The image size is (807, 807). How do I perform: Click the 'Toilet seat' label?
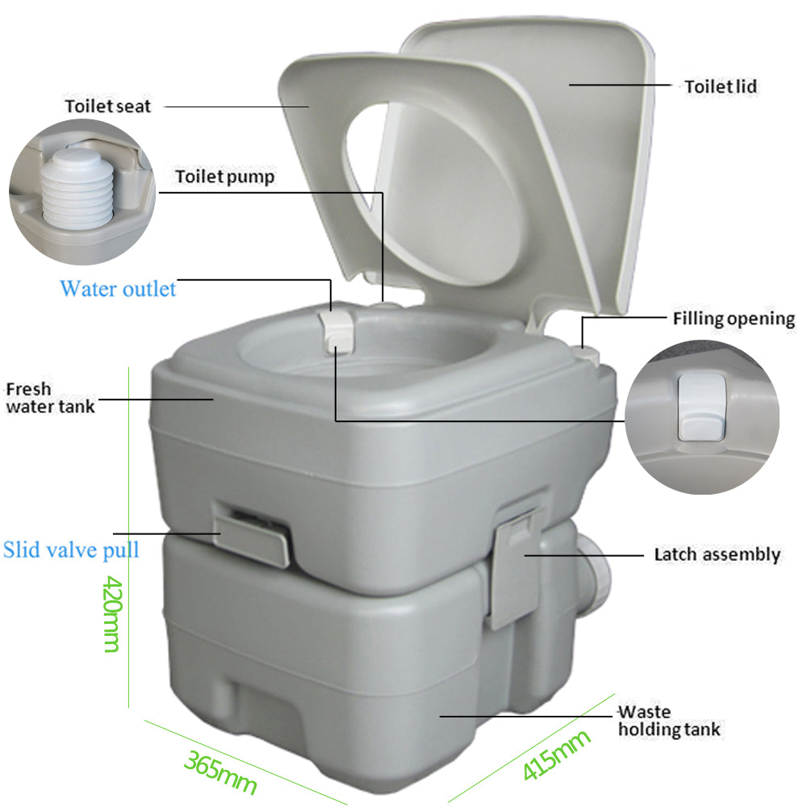(x=108, y=106)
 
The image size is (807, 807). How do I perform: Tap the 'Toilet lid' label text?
(x=721, y=86)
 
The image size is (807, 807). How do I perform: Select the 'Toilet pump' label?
(x=224, y=177)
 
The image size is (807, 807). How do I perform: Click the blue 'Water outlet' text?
(x=118, y=288)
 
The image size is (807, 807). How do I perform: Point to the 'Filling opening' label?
(x=734, y=318)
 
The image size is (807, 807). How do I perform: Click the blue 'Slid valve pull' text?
(x=71, y=550)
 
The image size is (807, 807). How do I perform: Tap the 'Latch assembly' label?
(x=717, y=554)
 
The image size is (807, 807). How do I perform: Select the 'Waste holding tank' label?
(x=669, y=721)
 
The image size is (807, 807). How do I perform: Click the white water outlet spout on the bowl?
(x=337, y=331)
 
